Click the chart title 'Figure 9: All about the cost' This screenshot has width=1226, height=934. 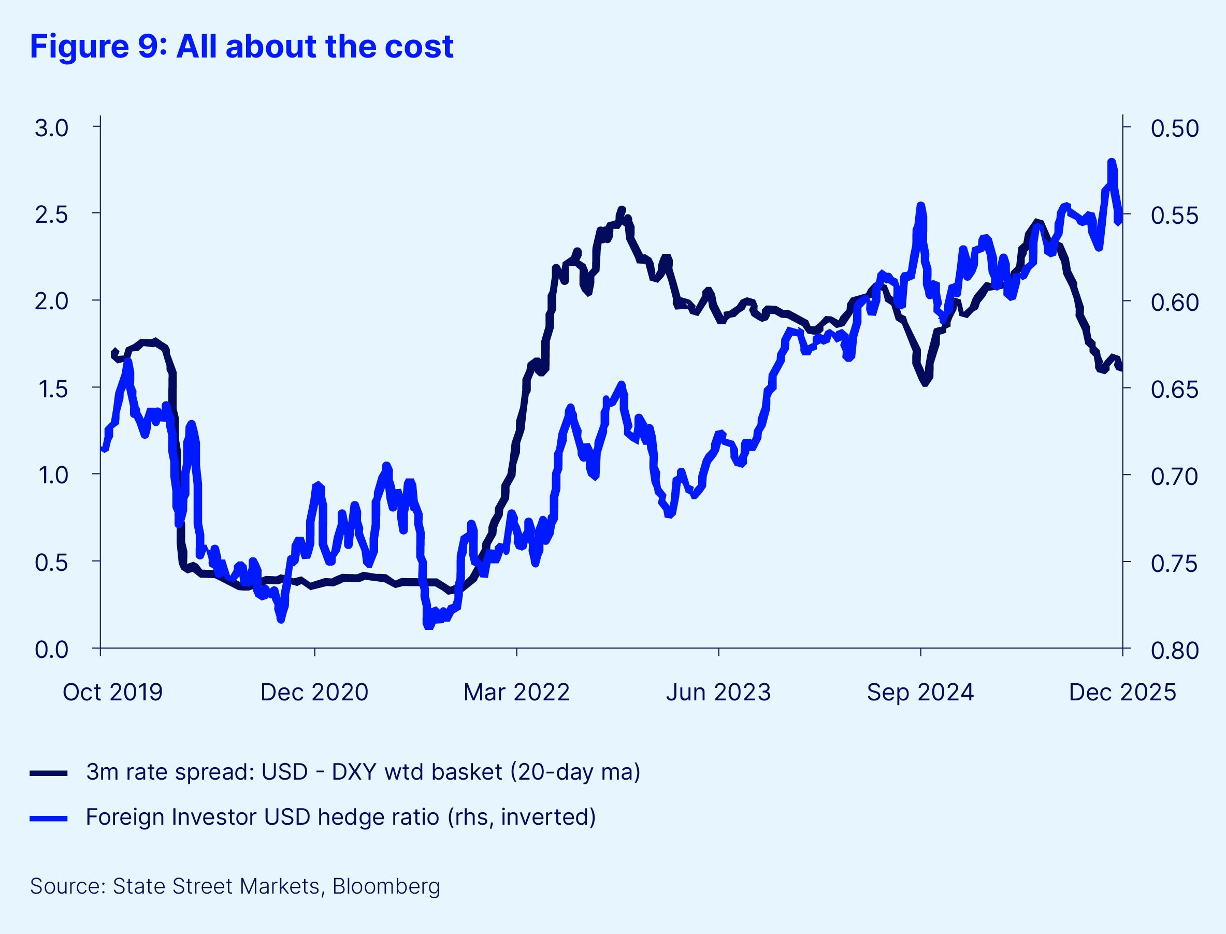(x=242, y=46)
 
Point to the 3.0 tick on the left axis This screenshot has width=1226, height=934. (x=51, y=128)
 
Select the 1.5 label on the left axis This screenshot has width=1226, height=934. (x=51, y=389)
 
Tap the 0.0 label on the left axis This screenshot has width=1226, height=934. (x=51, y=650)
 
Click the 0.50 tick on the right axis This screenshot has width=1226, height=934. (x=1174, y=128)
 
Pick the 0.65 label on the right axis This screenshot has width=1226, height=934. (x=1174, y=389)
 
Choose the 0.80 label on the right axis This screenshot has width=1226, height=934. (x=1174, y=650)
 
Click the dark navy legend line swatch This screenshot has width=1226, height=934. (x=49, y=773)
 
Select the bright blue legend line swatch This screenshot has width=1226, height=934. (x=49, y=818)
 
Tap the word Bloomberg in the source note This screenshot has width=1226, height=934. (x=386, y=886)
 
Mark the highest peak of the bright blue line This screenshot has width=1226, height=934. (x=1112, y=162)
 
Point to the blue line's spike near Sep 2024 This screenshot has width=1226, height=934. (x=921, y=206)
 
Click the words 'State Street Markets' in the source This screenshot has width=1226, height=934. (x=216, y=886)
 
